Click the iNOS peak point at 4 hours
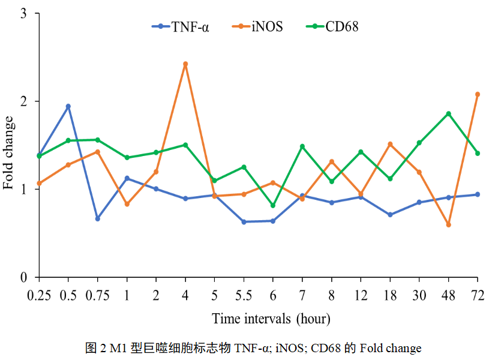(185, 64)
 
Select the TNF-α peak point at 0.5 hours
(68, 106)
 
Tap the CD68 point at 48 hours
(448, 113)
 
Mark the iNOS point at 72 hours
(478, 94)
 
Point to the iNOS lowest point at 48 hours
(448, 224)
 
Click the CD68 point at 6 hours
(273, 206)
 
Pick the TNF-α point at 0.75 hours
(98, 218)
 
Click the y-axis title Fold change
(10, 152)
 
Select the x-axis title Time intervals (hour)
(271, 318)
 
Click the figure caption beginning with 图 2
(253, 348)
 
